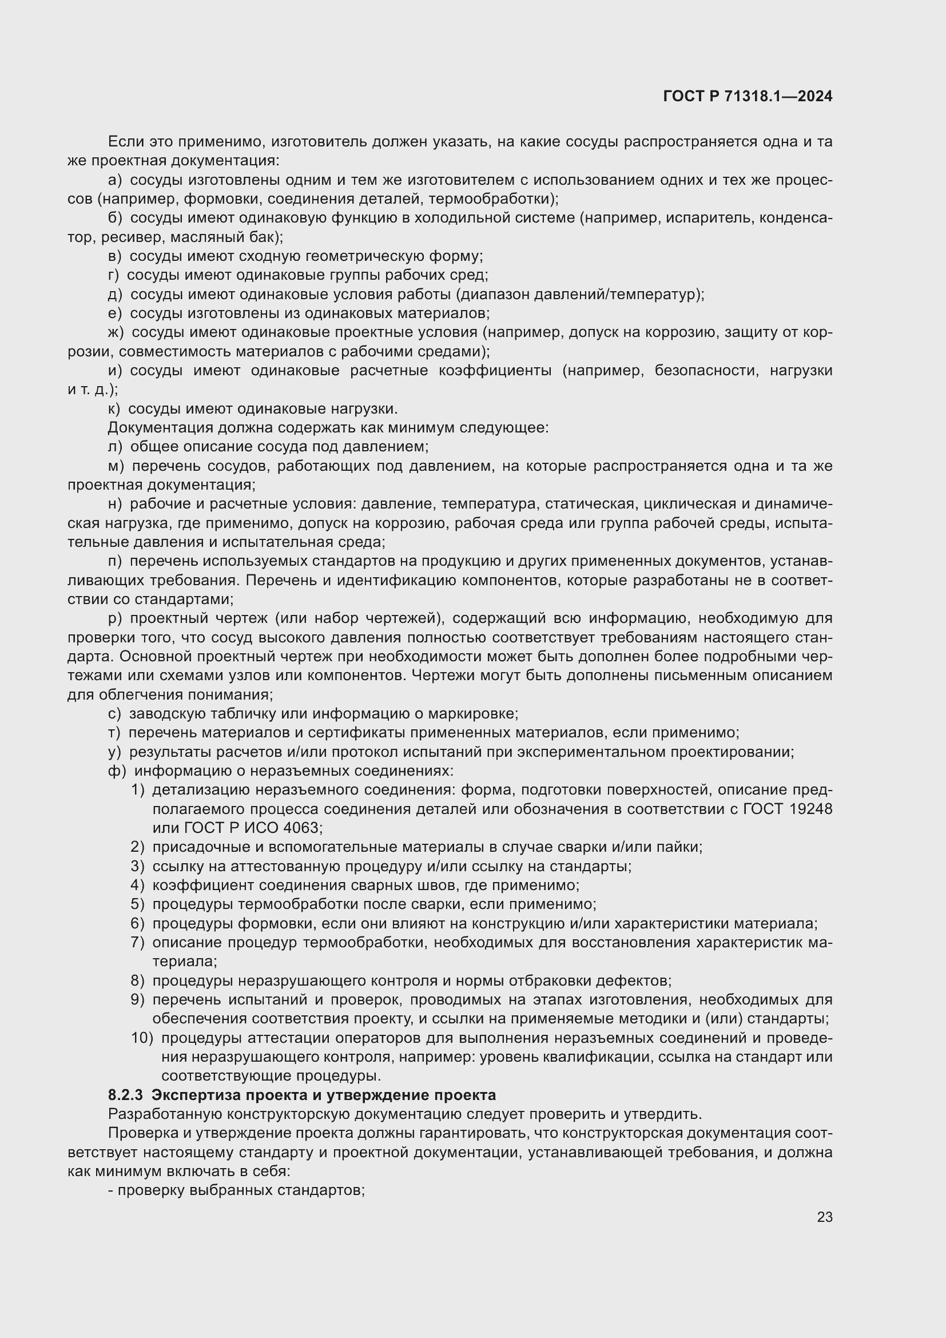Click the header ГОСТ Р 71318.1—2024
point(748,97)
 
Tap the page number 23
point(824,1217)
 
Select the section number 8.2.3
point(125,1095)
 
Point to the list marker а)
point(115,180)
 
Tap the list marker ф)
point(117,771)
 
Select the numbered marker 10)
point(141,1038)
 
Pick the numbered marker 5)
point(137,904)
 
